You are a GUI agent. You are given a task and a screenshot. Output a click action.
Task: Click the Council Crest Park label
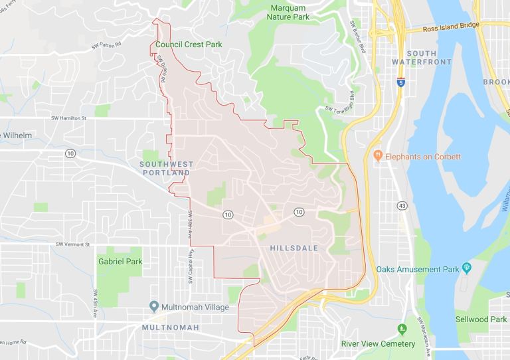[188, 45]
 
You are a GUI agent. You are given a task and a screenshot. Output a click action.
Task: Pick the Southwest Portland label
[165, 168]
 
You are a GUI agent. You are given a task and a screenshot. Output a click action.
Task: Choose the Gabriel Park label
[120, 262]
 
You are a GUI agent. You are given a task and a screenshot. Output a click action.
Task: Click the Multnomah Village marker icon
[154, 307]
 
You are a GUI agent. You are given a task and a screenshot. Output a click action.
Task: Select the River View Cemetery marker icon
[402, 329]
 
